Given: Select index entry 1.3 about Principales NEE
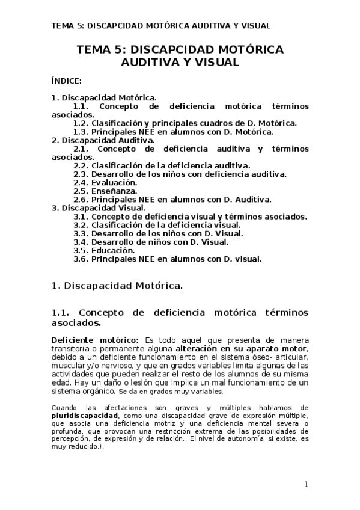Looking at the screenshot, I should (x=173, y=132).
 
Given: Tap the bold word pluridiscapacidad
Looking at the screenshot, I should (x=84, y=415).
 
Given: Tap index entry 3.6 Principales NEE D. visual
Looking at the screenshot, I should (x=168, y=259).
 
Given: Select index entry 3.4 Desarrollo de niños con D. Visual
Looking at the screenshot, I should (x=151, y=242).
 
